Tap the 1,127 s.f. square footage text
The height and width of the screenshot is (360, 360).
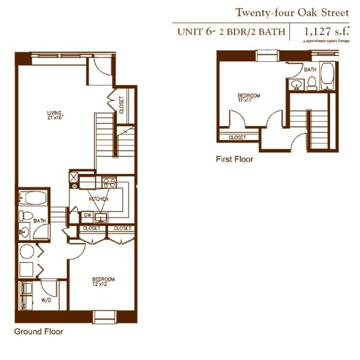point(325,32)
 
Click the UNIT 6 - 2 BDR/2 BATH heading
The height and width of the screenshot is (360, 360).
point(231,32)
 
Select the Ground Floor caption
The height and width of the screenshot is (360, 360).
point(38,332)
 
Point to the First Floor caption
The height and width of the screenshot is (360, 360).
point(234,160)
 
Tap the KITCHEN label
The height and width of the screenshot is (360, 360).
point(99,199)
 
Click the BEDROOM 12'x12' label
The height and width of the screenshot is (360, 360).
point(103,281)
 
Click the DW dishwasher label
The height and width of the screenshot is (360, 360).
point(87,215)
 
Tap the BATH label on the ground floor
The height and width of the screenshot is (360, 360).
point(39,220)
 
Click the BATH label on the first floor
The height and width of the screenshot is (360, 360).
point(310,70)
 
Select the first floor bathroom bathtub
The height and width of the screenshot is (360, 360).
point(327,77)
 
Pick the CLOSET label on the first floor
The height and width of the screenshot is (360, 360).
point(237,137)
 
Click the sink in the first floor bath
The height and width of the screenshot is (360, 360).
point(296,85)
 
